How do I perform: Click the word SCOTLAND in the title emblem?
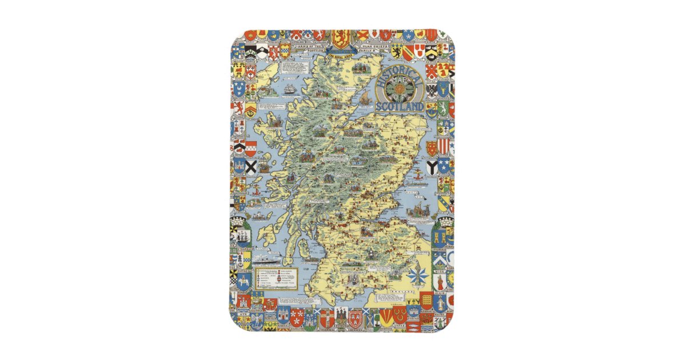(x=400, y=106)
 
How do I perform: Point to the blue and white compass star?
(x=417, y=275)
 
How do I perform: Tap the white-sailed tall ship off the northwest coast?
(x=289, y=90)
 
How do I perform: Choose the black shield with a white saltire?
(x=251, y=167)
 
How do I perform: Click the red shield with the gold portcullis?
(x=426, y=301)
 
